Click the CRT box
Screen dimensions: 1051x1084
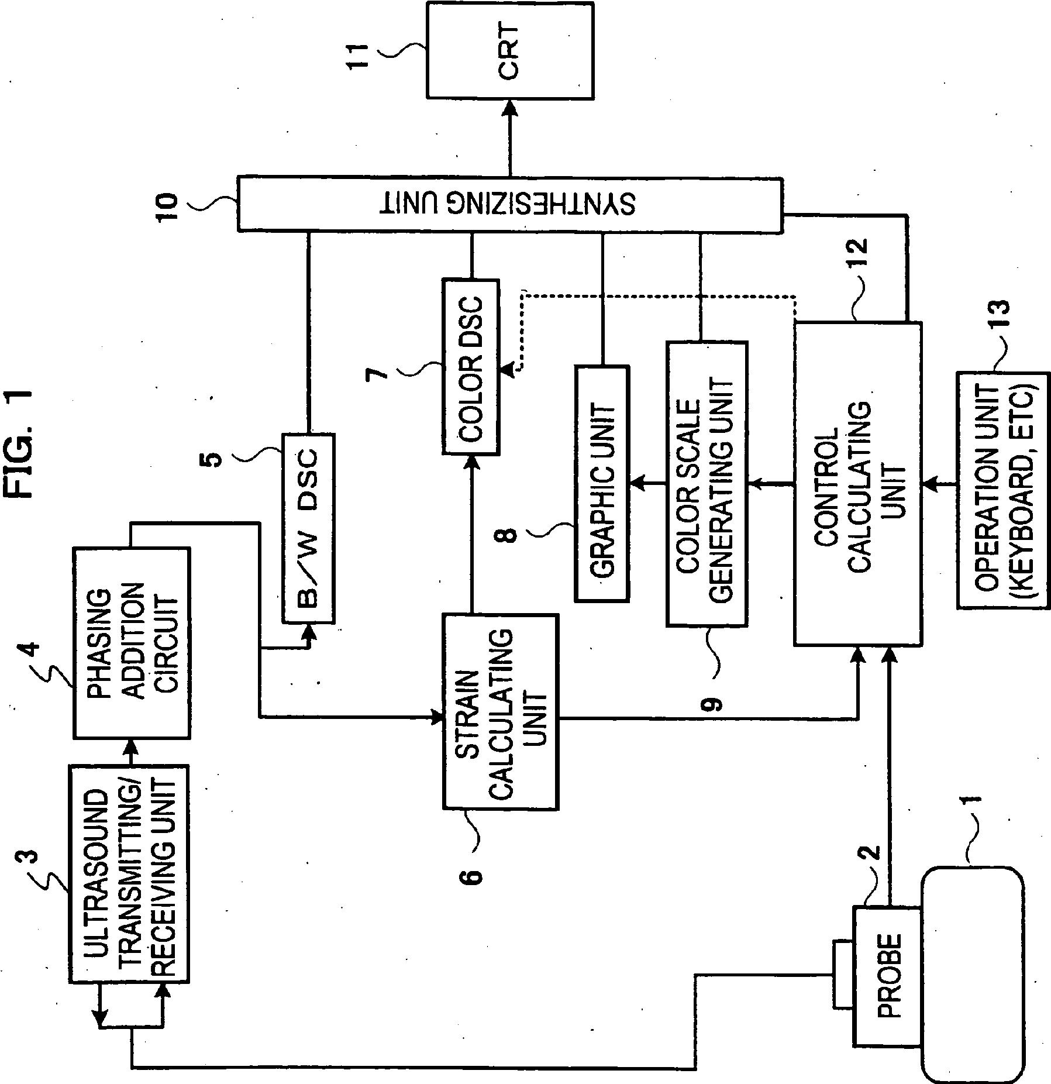tap(509, 50)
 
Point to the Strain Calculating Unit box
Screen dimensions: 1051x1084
tap(500, 711)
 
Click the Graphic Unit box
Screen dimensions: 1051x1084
tap(602, 483)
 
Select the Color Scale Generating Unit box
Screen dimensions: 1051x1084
tap(707, 483)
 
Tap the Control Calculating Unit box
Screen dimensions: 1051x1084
tap(857, 483)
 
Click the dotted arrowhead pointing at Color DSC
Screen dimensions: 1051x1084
tap(507, 369)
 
